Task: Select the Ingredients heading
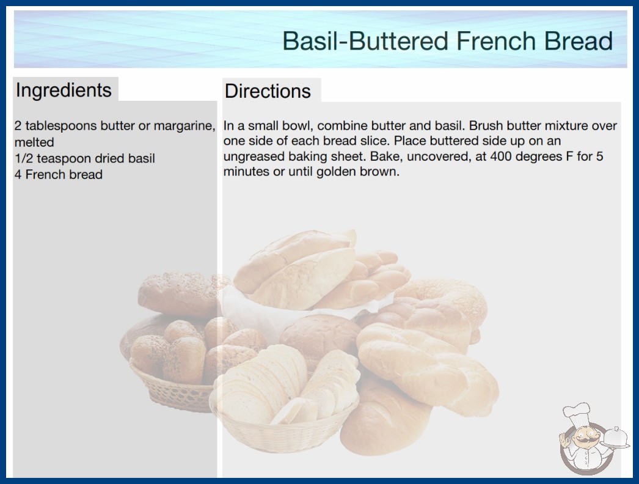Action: coord(64,90)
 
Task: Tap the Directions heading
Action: coord(268,91)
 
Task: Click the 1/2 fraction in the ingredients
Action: coord(24,158)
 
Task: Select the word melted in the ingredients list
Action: coord(34,142)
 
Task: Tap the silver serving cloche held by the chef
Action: coord(615,438)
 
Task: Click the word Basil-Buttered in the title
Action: coord(365,41)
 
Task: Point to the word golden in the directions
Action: coord(336,172)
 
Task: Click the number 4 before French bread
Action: coord(18,175)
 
